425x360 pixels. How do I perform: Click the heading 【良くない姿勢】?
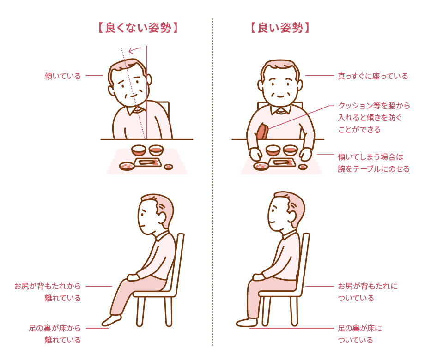(x=138, y=28)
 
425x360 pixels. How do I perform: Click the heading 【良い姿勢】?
(x=280, y=28)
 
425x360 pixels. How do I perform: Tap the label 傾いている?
(x=63, y=76)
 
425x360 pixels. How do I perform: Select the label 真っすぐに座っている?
(x=373, y=76)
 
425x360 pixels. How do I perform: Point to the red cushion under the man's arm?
(x=262, y=132)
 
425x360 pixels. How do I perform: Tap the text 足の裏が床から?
(x=55, y=328)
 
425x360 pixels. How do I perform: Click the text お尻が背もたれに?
(x=368, y=286)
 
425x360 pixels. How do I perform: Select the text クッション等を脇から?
(x=374, y=106)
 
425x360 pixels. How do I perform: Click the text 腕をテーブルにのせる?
(x=374, y=169)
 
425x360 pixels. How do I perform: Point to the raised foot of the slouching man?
(x=111, y=320)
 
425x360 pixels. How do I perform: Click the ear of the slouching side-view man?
(x=162, y=217)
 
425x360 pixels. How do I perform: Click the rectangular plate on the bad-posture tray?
(x=148, y=162)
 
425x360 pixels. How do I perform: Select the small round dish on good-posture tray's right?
(x=303, y=167)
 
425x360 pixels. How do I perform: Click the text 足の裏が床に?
(x=360, y=328)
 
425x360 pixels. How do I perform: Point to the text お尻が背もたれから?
(x=48, y=286)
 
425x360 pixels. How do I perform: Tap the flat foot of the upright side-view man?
(x=247, y=322)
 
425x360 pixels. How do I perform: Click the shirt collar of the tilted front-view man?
(x=137, y=110)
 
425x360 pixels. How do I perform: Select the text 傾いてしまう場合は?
(x=370, y=157)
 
